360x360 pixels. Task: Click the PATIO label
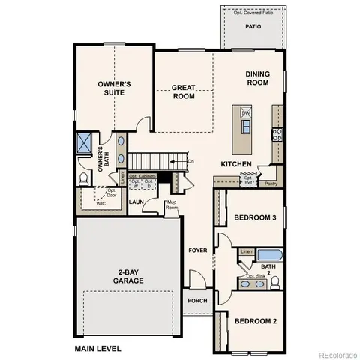pyautogui.click(x=253, y=26)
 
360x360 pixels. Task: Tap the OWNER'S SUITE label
pyautogui.click(x=115, y=89)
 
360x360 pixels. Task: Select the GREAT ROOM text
pyautogui.click(x=183, y=91)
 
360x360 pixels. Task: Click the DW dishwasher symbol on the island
pyautogui.click(x=246, y=113)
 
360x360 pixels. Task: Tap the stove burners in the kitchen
pyautogui.click(x=277, y=135)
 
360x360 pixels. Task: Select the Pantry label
pyautogui.click(x=271, y=182)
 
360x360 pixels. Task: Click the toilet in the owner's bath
pyautogui.click(x=84, y=178)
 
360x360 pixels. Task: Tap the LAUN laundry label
pyautogui.click(x=136, y=202)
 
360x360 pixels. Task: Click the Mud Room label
pyautogui.click(x=171, y=205)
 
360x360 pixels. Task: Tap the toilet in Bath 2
pyautogui.click(x=275, y=281)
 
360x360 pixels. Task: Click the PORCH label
pyautogui.click(x=197, y=301)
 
